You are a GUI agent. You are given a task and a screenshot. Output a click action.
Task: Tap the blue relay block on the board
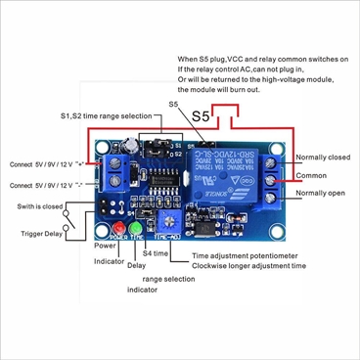pyautogui.click(x=237, y=180)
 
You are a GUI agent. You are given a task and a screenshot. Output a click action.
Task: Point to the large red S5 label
pyautogui.click(x=201, y=115)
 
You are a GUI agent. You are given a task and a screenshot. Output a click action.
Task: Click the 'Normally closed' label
pyautogui.click(x=324, y=157)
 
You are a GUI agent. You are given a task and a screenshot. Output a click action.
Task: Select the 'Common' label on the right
pyautogui.click(x=312, y=176)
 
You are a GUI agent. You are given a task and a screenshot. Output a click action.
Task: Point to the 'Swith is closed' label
pyautogui.click(x=41, y=206)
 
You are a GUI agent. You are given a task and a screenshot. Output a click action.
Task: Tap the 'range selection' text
pyautogui.click(x=168, y=278)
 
